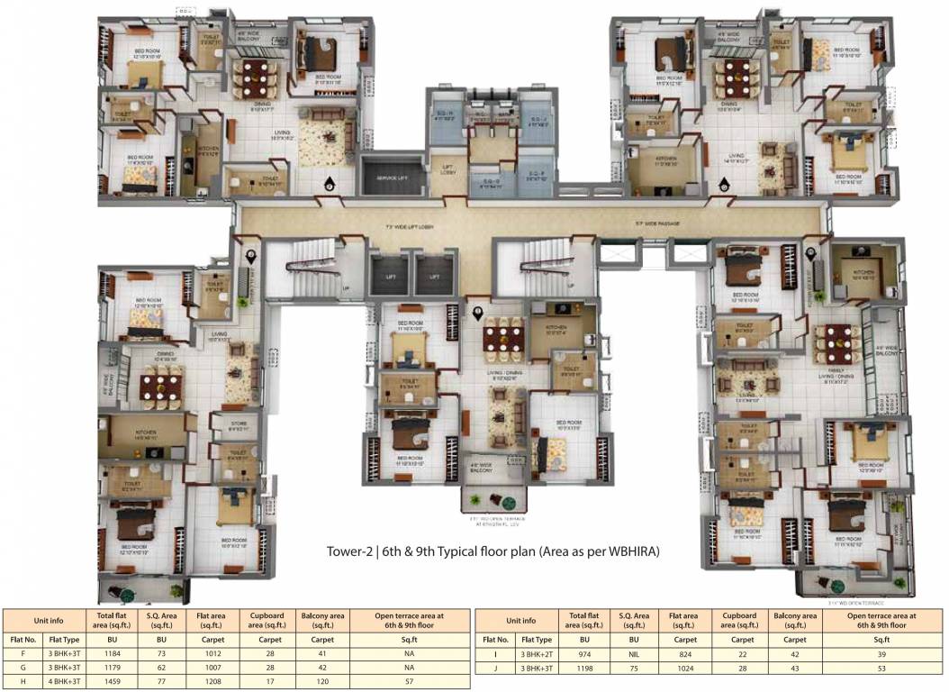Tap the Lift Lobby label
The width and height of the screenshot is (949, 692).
(447, 168)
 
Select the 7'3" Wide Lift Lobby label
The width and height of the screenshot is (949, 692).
(410, 227)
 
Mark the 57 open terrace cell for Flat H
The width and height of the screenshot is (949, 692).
(409, 683)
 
